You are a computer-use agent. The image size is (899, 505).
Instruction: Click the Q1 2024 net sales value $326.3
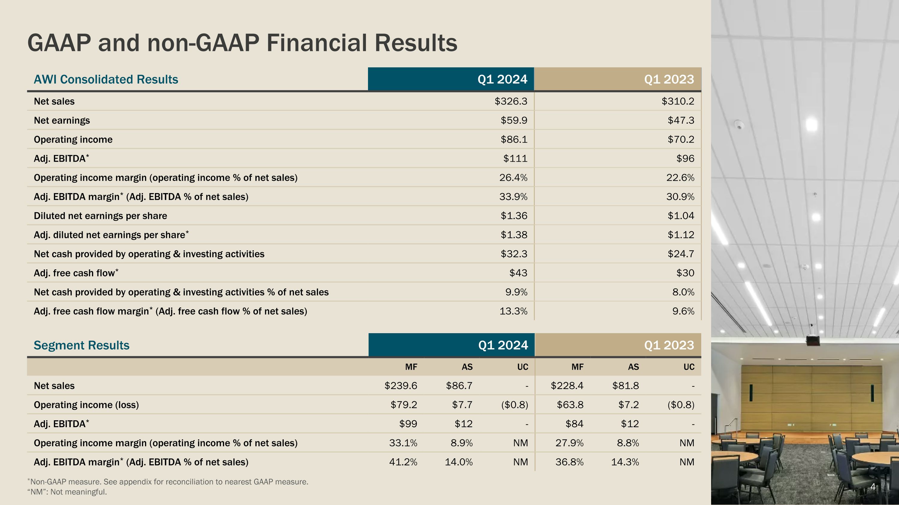point(511,101)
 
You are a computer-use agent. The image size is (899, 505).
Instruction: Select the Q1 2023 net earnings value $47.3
point(681,121)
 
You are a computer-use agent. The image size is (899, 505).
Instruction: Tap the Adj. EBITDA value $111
point(515,159)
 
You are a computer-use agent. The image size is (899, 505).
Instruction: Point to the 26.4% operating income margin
point(513,178)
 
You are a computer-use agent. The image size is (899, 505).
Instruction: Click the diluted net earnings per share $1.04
point(681,216)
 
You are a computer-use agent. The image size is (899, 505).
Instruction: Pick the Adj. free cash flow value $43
point(518,273)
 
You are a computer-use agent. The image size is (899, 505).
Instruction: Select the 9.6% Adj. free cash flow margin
point(683,311)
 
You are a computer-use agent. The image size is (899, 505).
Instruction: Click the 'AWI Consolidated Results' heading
point(106,79)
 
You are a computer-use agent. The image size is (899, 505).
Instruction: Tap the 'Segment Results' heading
point(81,345)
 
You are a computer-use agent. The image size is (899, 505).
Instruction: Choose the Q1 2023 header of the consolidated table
point(669,79)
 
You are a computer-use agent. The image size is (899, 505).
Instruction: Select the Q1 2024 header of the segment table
point(503,345)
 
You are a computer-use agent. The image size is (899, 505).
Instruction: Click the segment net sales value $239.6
point(401,386)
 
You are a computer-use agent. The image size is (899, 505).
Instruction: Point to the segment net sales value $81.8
point(625,386)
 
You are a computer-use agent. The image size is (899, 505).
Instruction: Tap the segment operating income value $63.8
point(570,405)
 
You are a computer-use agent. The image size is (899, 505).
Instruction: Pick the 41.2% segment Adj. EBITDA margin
point(403,462)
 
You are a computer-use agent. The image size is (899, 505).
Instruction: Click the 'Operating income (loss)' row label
point(86,405)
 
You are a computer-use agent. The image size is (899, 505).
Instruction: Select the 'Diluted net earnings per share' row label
point(100,216)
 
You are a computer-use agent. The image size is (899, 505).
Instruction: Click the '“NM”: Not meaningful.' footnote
point(67,492)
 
